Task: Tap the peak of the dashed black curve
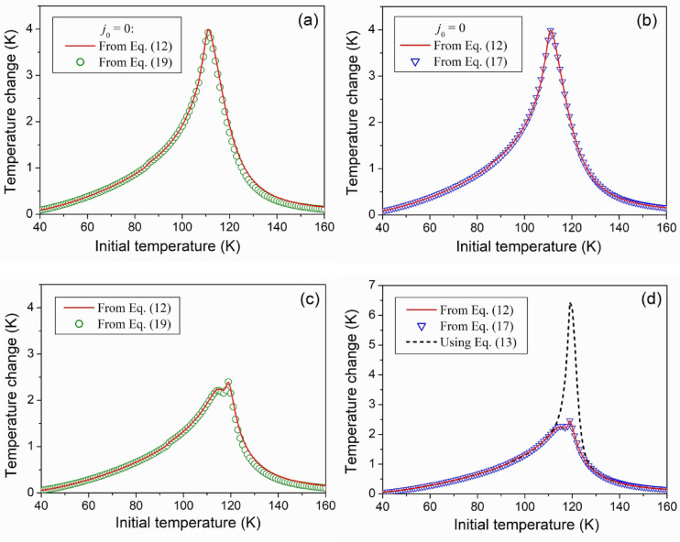(570, 303)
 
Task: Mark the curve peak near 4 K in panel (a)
(208, 31)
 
